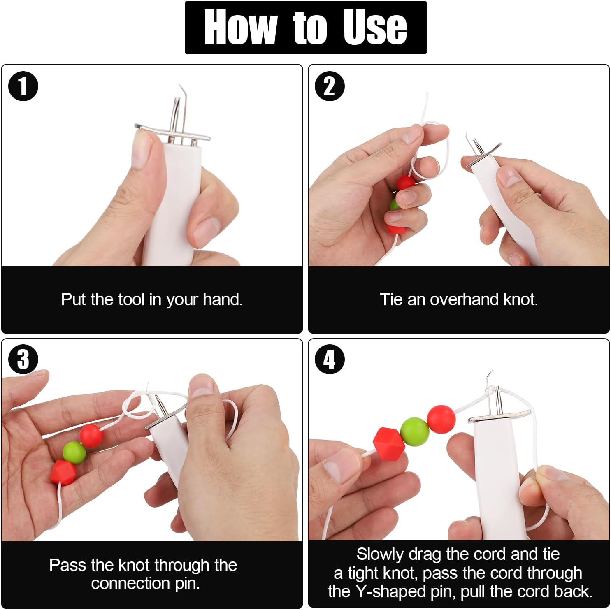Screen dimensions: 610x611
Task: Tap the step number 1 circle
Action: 23,86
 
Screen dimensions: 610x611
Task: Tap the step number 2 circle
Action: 330,86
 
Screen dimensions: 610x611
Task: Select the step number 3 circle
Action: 23,359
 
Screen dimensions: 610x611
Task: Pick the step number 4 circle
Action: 330,359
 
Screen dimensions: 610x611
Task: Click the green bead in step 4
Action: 414,431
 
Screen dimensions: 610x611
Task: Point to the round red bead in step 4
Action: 441,418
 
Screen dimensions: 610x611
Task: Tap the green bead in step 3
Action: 74,452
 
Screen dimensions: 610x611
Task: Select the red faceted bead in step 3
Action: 63,472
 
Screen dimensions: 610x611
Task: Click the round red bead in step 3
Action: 91,436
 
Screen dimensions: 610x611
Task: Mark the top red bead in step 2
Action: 406,183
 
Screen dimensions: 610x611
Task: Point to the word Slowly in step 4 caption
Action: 380,554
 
